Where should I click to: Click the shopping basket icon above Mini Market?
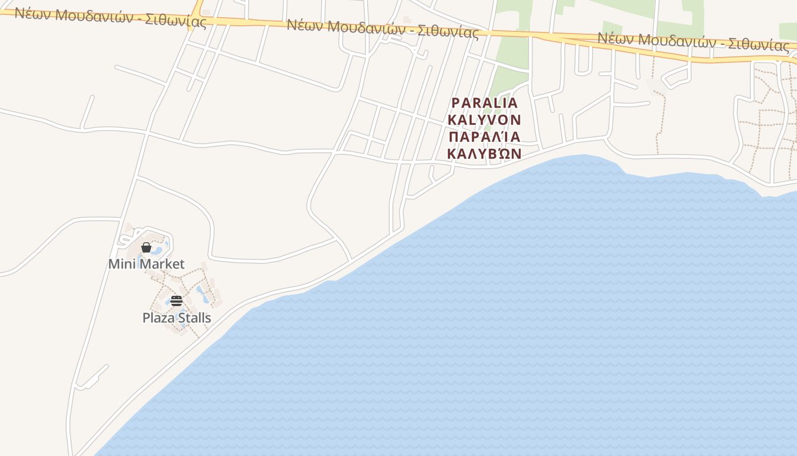146,247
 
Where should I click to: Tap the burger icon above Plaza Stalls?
176,301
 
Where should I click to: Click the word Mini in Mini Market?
122,264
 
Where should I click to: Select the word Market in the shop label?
162,264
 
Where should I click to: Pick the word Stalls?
194,317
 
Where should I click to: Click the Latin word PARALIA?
484,103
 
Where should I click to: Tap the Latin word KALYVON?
484,120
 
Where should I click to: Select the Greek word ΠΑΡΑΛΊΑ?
484,137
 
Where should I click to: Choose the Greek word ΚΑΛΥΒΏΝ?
484,154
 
